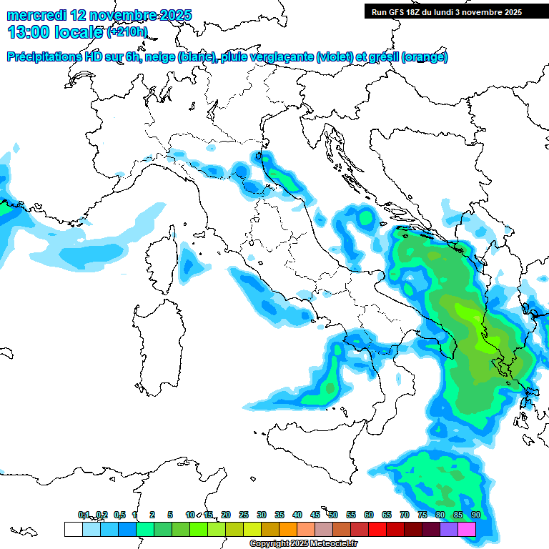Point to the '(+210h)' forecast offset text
coord(127,32)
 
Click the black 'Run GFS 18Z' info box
coord(446,11)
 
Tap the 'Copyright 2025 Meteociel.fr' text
coord(303,544)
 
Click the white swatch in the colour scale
coord(73,530)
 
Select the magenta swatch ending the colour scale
coord(467,530)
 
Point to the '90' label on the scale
coord(476,515)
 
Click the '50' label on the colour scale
coord(333,515)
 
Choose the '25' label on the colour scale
coord(244,515)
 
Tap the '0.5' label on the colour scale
coord(119,515)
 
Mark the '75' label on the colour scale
coord(422,515)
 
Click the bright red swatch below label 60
coord(377,530)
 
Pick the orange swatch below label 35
coord(288,530)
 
